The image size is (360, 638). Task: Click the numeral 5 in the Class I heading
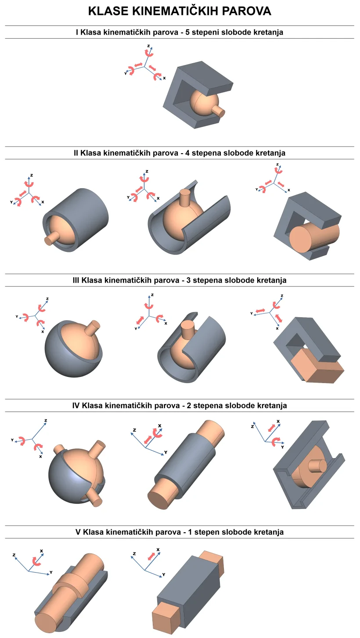pyautogui.click(x=198, y=32)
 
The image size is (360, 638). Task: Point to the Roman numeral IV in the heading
pyautogui.click(x=76, y=405)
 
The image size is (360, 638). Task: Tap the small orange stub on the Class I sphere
pyautogui.click(x=219, y=112)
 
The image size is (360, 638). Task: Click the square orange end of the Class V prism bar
pyautogui.click(x=163, y=616)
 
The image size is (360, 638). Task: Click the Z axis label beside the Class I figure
pyautogui.click(x=149, y=46)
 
